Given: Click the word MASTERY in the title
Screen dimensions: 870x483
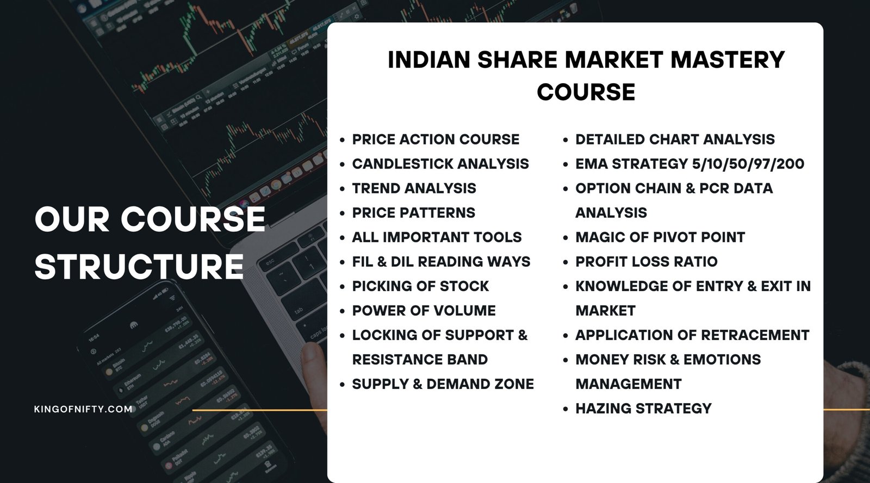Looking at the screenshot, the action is point(728,60).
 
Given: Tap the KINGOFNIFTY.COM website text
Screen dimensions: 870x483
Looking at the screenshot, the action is point(83,409).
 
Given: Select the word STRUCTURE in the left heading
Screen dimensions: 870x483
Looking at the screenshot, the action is point(139,267).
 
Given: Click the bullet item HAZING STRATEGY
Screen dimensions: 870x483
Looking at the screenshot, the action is point(643,409).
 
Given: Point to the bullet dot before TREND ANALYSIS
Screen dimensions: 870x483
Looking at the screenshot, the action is point(342,189).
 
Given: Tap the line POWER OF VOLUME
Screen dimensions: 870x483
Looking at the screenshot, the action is point(424,311).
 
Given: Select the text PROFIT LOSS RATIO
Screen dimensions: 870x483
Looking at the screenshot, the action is point(647,262).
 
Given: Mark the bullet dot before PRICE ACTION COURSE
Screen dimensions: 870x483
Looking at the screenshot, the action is point(342,140).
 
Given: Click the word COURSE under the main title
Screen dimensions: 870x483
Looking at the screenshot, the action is point(586,92).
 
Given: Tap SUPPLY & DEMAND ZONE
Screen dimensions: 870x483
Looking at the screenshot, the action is point(443,384).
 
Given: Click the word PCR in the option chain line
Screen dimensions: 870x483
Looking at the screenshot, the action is point(714,189).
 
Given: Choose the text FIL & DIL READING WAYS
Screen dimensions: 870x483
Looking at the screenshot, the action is point(441,262).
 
